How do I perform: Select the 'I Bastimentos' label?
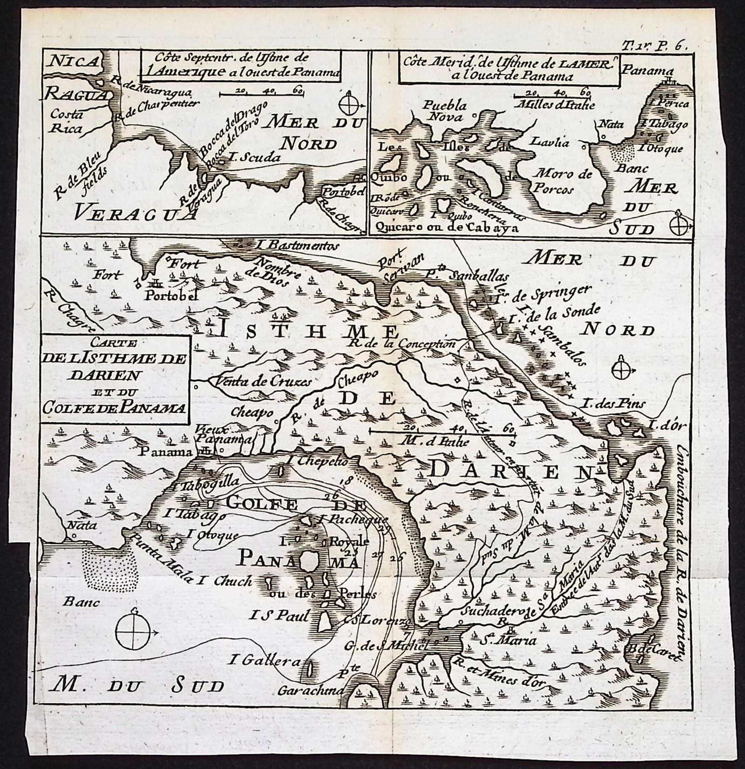pos(292,245)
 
